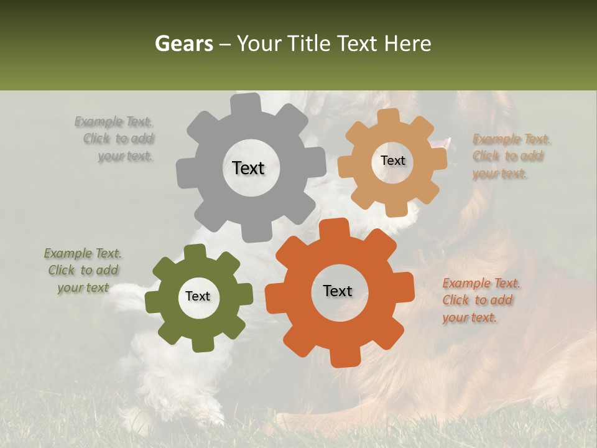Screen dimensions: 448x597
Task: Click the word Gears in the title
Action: (x=183, y=44)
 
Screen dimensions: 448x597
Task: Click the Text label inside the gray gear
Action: (x=248, y=168)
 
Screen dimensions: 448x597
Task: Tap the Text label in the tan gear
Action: (x=392, y=161)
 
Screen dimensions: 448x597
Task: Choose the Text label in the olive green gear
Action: (x=198, y=297)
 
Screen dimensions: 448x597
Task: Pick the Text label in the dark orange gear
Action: (x=338, y=291)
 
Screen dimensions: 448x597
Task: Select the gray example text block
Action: (x=118, y=139)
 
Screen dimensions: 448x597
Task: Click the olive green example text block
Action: (x=83, y=271)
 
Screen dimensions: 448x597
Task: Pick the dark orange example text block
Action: (x=481, y=301)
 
